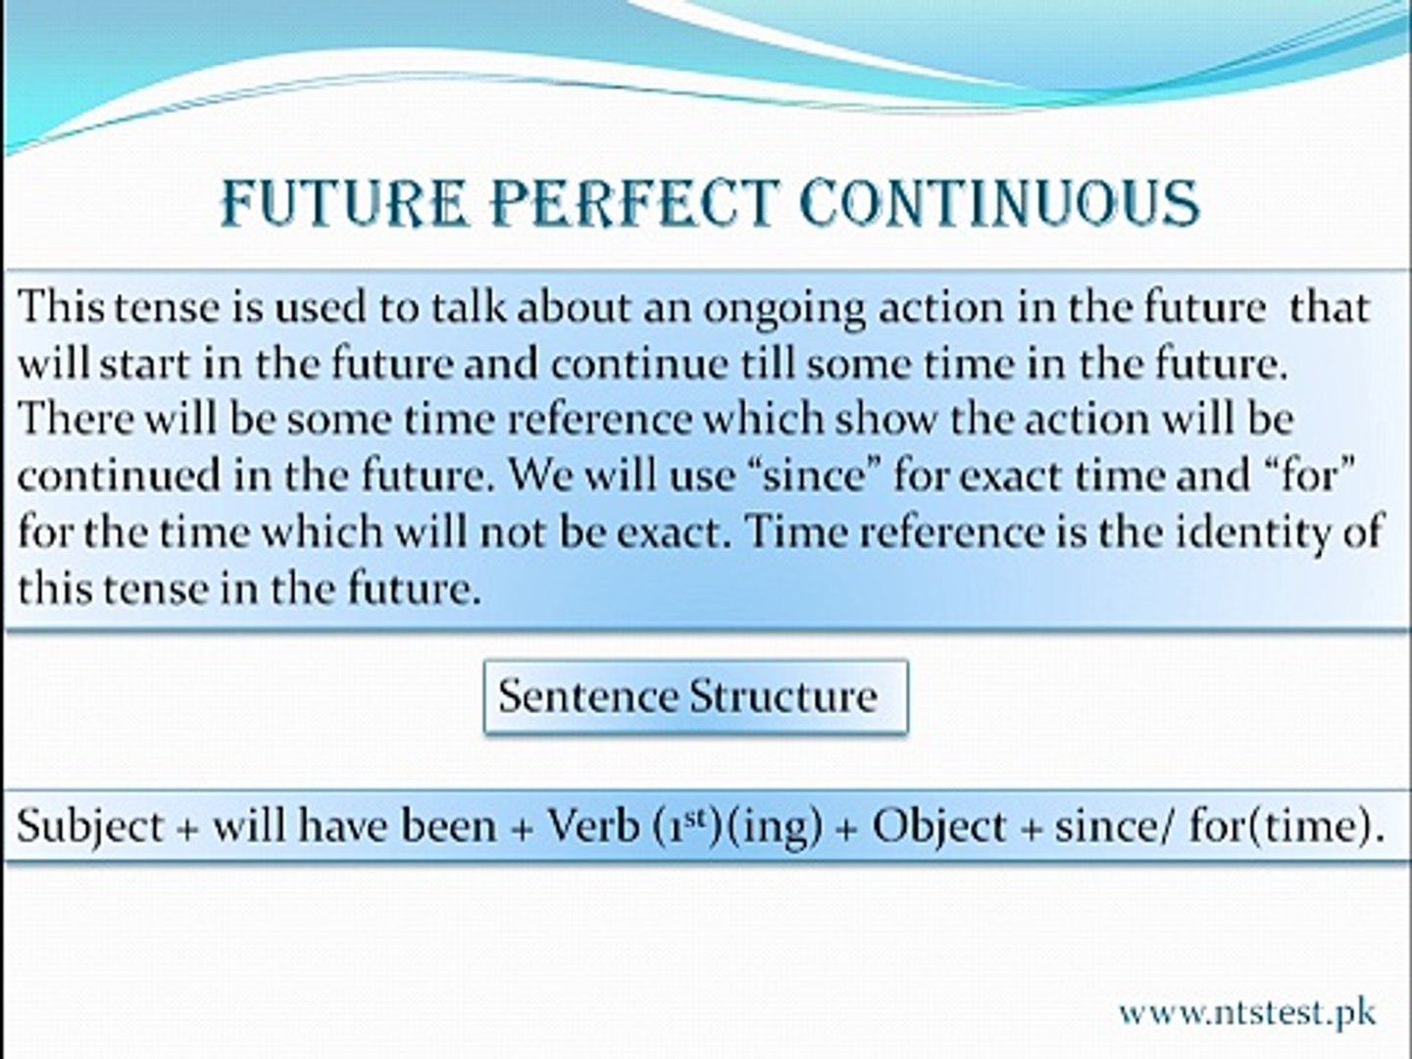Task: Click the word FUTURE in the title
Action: click(x=343, y=203)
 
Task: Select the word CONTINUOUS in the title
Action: click(x=1001, y=203)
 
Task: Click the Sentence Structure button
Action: click(x=696, y=696)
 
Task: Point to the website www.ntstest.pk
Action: click(x=1247, y=1013)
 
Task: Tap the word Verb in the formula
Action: click(x=592, y=826)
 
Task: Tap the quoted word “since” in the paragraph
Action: click(x=815, y=476)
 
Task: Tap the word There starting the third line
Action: click(x=76, y=418)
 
